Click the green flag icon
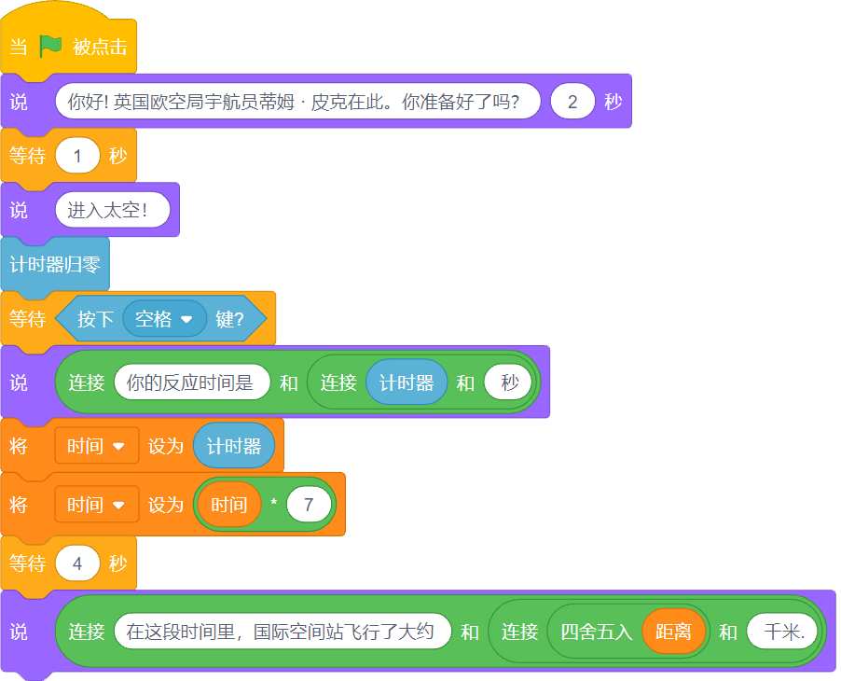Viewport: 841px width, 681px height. coord(50,46)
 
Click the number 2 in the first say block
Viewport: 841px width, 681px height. coord(572,102)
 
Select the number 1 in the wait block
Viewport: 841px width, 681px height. coord(77,156)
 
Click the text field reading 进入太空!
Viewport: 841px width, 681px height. coord(113,210)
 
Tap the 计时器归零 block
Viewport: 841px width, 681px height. coord(55,265)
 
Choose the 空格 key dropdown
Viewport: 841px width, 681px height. coord(164,319)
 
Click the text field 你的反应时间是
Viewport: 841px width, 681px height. coord(192,382)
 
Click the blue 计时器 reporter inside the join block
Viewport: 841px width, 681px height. coord(406,382)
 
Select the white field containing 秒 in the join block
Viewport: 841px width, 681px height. coord(508,382)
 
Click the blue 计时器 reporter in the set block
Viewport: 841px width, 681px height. coord(234,445)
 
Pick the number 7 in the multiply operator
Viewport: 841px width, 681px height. coord(309,505)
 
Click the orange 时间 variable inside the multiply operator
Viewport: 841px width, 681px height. coord(229,505)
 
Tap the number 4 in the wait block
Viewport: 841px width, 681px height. coord(77,563)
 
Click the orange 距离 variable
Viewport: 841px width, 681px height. coord(673,632)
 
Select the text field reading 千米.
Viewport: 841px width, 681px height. coord(782,632)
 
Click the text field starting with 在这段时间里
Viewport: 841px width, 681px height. coord(283,632)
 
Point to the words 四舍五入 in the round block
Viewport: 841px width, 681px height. coord(596,632)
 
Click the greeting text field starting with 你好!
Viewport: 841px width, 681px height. coord(297,102)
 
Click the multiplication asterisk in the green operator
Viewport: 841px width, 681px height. coord(273,503)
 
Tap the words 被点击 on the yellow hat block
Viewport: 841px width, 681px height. coord(100,47)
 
